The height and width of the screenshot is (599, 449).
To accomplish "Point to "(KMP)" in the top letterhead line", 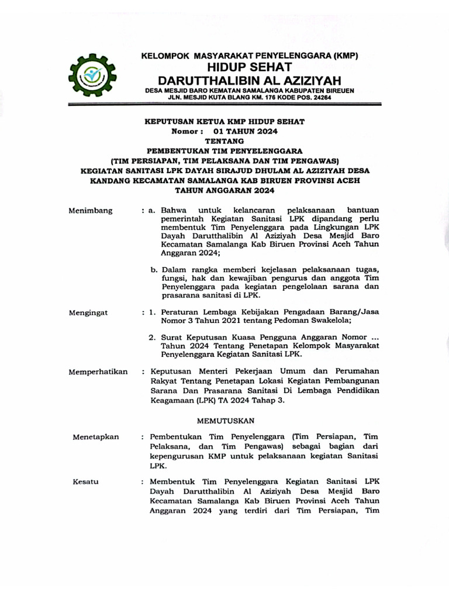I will pyautogui.click(x=344, y=56).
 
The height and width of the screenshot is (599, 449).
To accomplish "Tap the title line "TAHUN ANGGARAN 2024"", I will pyautogui.click(x=225, y=190).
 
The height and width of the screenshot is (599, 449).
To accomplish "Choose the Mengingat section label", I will pyautogui.click(x=88, y=313).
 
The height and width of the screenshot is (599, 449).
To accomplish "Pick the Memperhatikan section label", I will pyautogui.click(x=98, y=371).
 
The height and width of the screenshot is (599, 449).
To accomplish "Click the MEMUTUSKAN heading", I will pyautogui.click(x=225, y=421).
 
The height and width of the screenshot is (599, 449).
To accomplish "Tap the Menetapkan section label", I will pyautogui.click(x=95, y=437).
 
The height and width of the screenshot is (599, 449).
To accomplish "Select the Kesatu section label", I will pyautogui.click(x=86, y=481).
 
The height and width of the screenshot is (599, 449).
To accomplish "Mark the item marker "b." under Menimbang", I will pyautogui.click(x=154, y=269).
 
